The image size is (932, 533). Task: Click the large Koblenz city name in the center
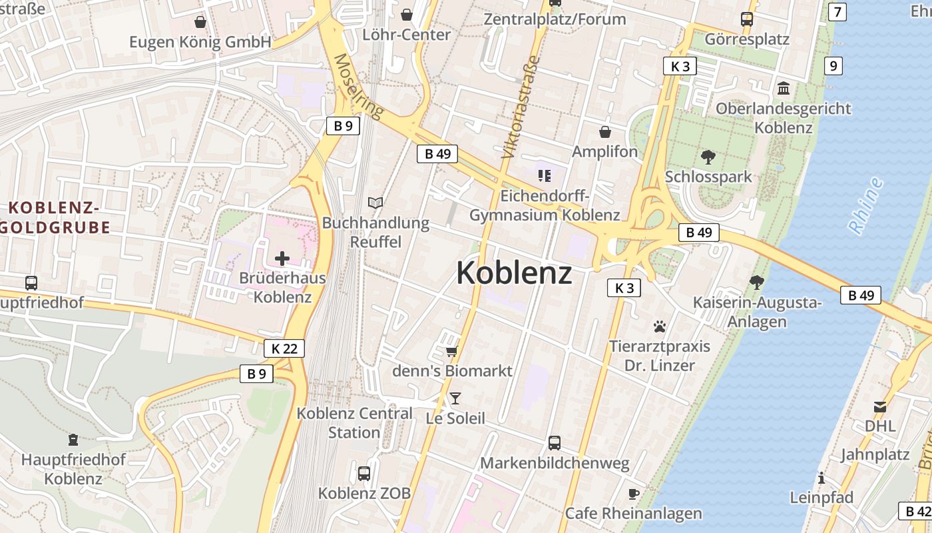[x=514, y=273]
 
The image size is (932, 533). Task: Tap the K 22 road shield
[x=284, y=348]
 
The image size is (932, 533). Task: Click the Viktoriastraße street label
[x=520, y=107]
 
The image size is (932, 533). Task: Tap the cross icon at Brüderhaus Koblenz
[x=282, y=258]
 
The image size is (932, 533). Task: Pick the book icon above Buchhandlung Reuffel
[x=375, y=203]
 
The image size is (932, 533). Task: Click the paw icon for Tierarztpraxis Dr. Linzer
[x=660, y=326]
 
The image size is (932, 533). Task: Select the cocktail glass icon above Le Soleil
[x=455, y=398]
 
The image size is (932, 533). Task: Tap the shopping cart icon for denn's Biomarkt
[x=452, y=350]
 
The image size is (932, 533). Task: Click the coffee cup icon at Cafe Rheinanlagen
[x=633, y=494]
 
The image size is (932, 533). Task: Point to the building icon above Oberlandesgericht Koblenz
[x=784, y=88]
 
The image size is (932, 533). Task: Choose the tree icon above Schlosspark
[x=708, y=157]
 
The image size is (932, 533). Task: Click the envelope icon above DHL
[x=880, y=406]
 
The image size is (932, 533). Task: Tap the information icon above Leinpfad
[x=821, y=478]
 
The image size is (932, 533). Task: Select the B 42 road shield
[x=917, y=511]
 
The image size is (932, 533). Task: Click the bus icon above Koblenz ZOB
[x=364, y=474]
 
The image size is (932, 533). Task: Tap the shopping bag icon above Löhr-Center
[x=407, y=14]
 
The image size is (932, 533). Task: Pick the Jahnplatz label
[x=875, y=454]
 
